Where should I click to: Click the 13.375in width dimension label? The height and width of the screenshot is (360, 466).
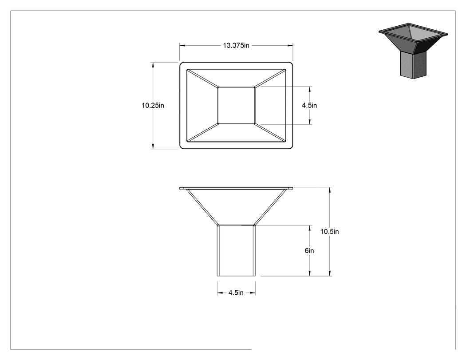pos(236,45)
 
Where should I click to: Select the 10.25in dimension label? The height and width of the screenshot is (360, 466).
pos(153,106)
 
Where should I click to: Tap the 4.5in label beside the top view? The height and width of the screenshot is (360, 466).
pos(309,106)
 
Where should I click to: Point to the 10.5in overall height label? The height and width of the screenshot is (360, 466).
pos(329,232)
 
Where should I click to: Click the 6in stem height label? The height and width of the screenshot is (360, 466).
pos(309,251)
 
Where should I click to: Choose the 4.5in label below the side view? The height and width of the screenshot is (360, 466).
pos(236,293)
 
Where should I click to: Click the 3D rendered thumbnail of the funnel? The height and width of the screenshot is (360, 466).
pos(413,51)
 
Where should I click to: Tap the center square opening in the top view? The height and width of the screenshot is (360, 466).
pos(236,105)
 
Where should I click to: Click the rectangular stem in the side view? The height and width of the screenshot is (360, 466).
pos(236,251)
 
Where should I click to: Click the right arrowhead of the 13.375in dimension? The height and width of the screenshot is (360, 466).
pos(290,45)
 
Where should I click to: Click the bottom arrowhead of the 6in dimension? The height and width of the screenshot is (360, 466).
pos(310,273)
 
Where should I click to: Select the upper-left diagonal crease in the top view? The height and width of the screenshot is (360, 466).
pos(202,78)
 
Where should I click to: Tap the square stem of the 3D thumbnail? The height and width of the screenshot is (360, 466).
pos(413,65)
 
